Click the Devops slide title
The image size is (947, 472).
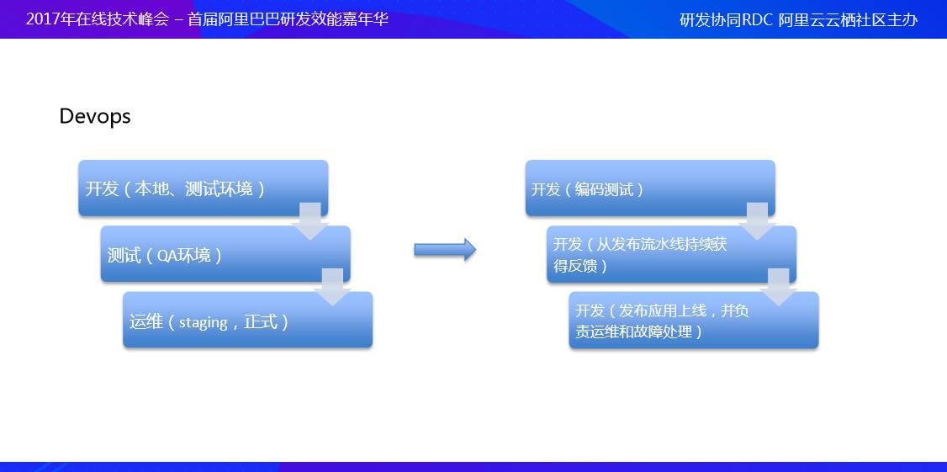[x=95, y=116]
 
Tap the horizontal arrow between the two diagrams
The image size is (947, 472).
[x=445, y=250]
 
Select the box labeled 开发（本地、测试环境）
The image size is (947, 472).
[x=204, y=188]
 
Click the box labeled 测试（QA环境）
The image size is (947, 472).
[x=225, y=254]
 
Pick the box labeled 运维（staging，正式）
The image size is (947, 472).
[x=247, y=320]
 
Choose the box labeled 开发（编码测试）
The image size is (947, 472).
[x=650, y=188]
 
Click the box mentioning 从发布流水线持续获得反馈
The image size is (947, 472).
[x=672, y=254]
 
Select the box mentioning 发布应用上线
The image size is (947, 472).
[x=694, y=321]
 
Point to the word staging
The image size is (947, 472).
[x=203, y=323]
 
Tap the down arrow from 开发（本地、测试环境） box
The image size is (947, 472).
[x=310, y=221]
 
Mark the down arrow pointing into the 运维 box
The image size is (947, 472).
[x=333, y=287]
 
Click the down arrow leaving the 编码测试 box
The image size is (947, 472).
[x=758, y=221]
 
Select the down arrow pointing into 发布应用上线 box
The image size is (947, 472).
[x=779, y=287]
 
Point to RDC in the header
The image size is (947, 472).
[x=758, y=20]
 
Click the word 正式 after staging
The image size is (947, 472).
[x=261, y=321]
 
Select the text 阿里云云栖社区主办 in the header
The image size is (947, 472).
[x=848, y=20]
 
